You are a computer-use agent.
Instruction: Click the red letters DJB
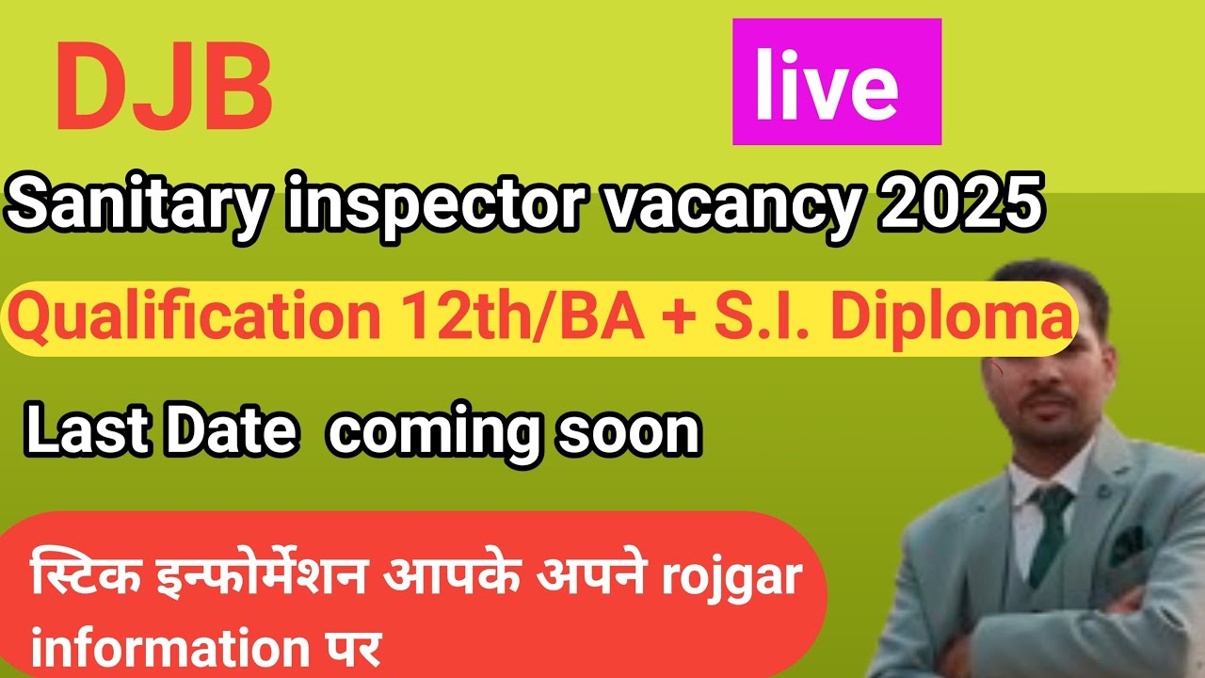coord(164,89)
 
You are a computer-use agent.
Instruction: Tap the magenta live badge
coord(837,83)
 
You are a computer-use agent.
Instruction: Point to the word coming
coord(436,435)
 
